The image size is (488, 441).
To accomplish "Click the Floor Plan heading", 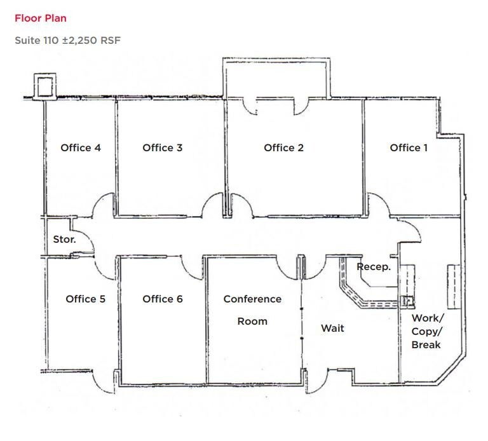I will point(40,18).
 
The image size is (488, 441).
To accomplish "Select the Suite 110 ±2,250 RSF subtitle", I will point(67,40).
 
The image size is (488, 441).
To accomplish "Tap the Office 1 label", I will point(409,147).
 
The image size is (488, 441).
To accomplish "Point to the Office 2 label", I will point(283,147).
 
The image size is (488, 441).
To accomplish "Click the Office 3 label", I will point(163,147).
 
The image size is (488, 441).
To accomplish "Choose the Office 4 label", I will point(81,147).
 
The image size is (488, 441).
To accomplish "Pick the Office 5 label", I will point(86,299).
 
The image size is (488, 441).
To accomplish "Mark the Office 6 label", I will point(163,299).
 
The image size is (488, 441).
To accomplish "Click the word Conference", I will point(252,299).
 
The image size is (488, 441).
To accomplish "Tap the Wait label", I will point(332,328).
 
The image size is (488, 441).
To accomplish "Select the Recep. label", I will point(373,267).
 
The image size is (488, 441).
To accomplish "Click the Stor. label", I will point(64,240).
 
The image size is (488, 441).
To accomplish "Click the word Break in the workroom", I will point(426,344).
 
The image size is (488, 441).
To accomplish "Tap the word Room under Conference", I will point(252,321).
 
